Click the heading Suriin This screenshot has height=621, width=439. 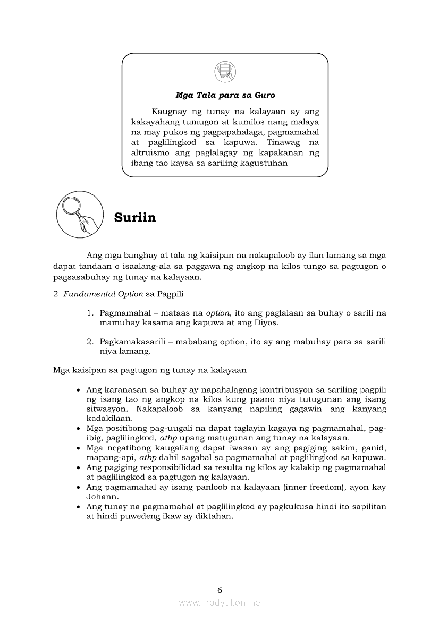click(135, 218)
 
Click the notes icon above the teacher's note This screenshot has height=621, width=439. click(225, 72)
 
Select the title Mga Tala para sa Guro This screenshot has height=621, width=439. click(225, 96)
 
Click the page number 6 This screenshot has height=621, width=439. click(219, 590)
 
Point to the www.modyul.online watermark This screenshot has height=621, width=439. click(219, 602)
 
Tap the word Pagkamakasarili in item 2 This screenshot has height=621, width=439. click(128, 342)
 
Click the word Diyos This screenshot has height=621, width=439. click(266, 322)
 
